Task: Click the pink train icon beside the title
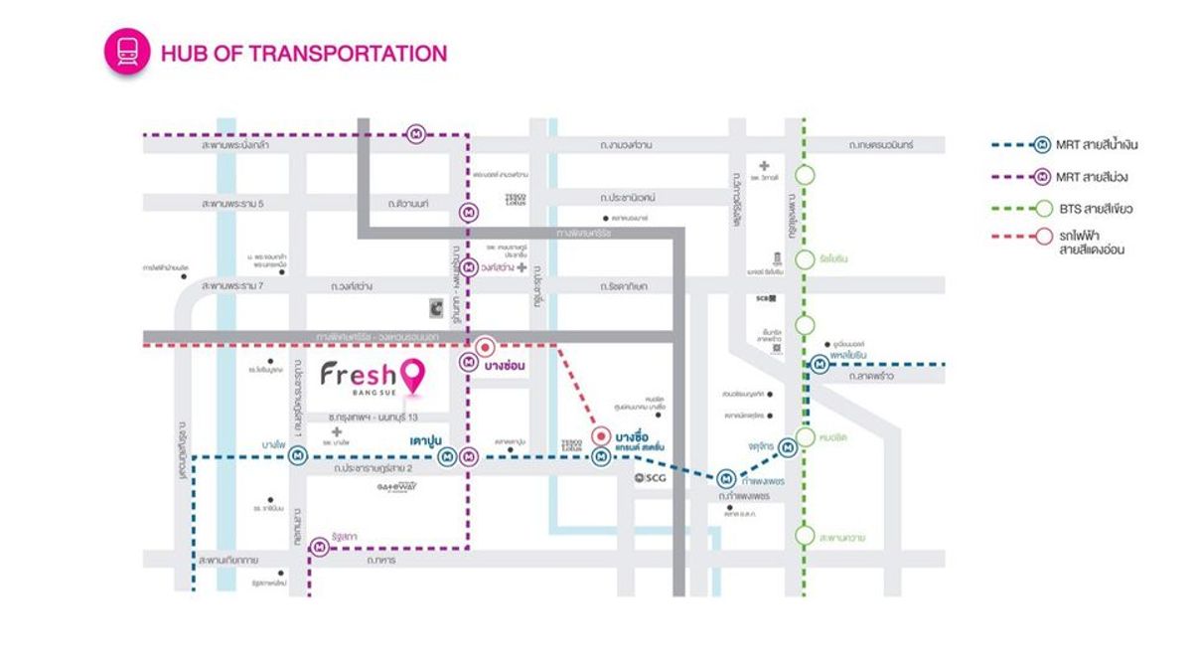coord(127,53)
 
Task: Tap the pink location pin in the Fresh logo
coord(415,376)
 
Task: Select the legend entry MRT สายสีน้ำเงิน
coord(1097,145)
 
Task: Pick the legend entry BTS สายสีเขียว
coord(1095,209)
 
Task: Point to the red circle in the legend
coord(1043,237)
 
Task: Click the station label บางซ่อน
coord(506,365)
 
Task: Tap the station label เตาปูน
coord(425,437)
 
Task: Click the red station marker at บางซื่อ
coord(600,436)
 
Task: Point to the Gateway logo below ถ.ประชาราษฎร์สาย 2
coord(396,487)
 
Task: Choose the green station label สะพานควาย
coord(842,537)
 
